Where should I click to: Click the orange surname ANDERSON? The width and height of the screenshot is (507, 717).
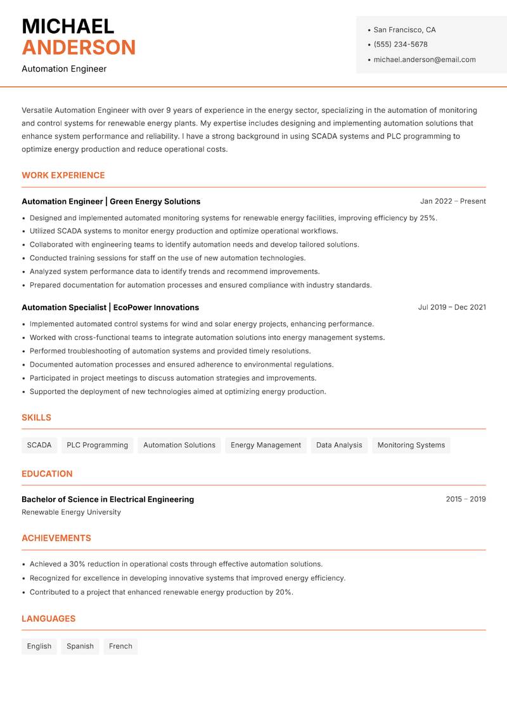(79, 48)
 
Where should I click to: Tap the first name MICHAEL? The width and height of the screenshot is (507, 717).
(68, 27)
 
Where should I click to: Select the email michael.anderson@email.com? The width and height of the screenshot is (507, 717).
(424, 60)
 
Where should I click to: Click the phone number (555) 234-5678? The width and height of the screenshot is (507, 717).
(400, 44)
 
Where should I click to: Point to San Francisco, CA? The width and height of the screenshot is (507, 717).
(404, 30)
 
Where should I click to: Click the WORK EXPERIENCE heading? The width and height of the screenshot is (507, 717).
(63, 175)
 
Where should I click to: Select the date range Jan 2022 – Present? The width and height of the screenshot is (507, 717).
(452, 201)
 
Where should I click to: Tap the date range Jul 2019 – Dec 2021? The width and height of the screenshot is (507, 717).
(452, 307)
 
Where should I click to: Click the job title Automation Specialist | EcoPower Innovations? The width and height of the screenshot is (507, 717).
(110, 308)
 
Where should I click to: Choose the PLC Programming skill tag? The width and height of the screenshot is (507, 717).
(97, 445)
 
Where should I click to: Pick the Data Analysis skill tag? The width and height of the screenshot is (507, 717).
(339, 445)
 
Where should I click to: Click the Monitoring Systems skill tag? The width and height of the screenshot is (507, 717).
(411, 445)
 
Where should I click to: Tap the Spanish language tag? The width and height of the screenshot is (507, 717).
(80, 647)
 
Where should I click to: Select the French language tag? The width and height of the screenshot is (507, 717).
(120, 647)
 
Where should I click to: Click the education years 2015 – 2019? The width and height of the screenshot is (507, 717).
(465, 499)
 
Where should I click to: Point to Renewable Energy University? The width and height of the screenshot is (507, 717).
(71, 512)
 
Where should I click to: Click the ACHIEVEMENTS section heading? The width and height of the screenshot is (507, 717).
(56, 538)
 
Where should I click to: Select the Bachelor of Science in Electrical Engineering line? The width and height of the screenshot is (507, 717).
(108, 499)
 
